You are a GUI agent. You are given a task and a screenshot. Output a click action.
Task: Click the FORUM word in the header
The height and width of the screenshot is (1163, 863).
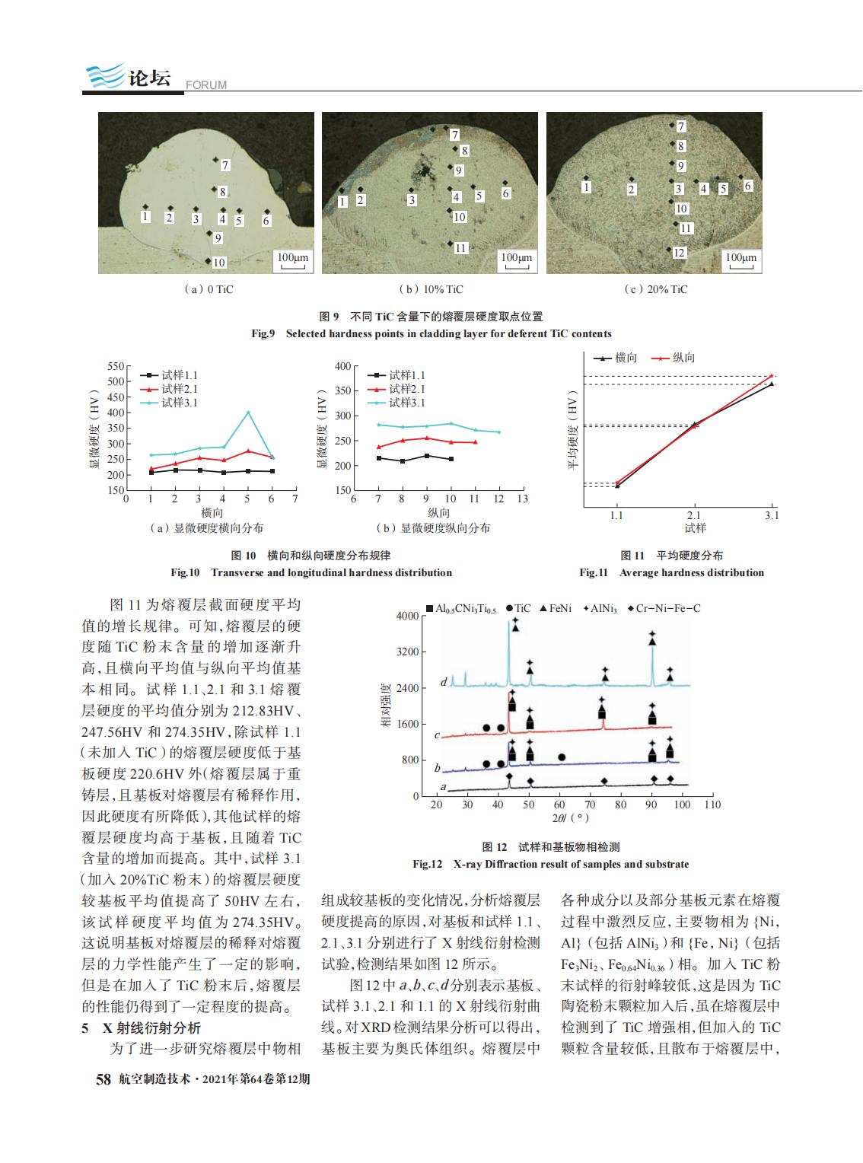coord(206,85)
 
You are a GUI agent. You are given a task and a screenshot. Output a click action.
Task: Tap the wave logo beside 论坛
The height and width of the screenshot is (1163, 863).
coord(106,75)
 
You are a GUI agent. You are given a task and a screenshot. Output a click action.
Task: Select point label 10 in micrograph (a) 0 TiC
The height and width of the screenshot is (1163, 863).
coord(219,262)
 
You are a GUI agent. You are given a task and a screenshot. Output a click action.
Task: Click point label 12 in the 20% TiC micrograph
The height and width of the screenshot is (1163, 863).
coord(679,253)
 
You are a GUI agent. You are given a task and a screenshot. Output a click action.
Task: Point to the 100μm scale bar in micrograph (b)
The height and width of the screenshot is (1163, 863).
coord(517,260)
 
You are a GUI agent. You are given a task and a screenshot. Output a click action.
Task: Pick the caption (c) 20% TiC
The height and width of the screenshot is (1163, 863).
coord(655,289)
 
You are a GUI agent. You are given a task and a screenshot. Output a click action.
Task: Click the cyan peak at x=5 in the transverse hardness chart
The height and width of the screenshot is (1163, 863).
coord(248,412)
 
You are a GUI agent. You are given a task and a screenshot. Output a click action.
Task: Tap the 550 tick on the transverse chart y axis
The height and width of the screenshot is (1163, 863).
coord(116,366)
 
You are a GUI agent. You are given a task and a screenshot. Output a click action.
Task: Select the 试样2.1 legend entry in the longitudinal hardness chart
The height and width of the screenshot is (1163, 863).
coord(396,388)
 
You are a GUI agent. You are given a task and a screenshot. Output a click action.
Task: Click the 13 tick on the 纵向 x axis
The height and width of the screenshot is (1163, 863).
coord(522,499)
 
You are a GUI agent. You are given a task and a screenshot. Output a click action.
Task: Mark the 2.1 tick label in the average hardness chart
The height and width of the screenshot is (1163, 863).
coord(693,515)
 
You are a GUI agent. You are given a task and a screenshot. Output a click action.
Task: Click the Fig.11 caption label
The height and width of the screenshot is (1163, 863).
coord(594,572)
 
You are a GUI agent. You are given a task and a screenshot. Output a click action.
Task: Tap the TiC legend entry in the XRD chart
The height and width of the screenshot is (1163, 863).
coord(518,608)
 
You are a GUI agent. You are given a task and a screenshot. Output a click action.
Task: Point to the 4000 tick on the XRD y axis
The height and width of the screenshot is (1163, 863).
coord(407,616)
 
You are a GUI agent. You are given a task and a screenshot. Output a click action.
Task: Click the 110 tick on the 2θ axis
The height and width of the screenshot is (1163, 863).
coord(712,805)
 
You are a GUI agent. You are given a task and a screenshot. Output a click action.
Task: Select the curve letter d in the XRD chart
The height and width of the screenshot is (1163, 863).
coord(444,682)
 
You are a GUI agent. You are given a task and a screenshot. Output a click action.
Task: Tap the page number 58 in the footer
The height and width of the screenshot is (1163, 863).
coord(103,1079)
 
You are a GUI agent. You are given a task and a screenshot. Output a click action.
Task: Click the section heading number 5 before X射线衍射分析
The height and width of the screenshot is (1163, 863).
coord(85,1028)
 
